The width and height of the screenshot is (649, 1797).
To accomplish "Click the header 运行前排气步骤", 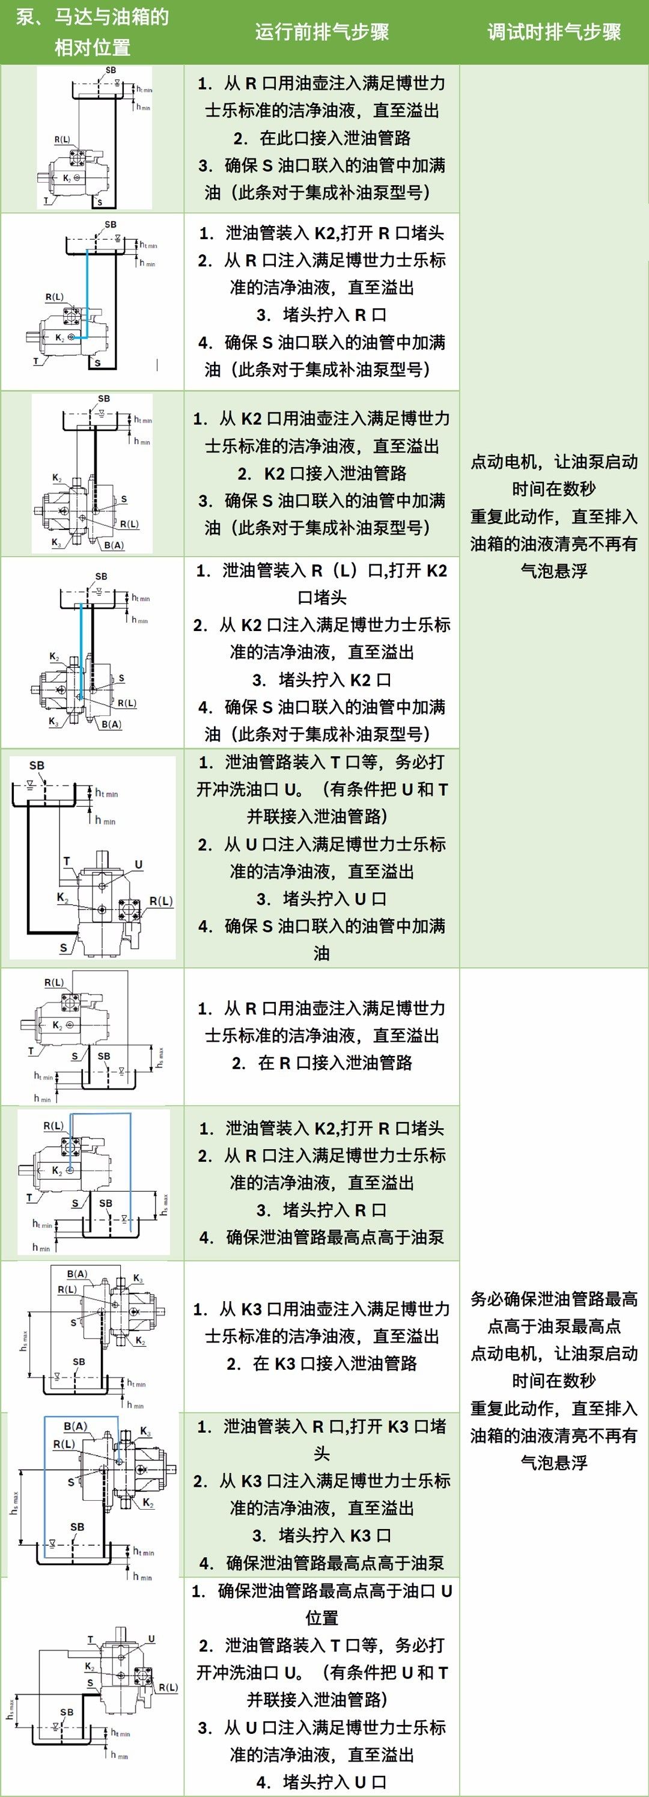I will tap(321, 32).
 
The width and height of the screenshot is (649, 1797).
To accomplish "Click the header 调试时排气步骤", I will tap(554, 32).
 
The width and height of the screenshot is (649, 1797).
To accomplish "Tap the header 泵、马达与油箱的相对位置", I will tap(92, 32).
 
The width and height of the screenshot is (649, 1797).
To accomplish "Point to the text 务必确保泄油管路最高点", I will tap(554, 1299).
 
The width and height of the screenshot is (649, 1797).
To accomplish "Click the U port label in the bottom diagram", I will tap(151, 1640).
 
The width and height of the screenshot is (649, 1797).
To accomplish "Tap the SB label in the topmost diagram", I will tap(112, 70).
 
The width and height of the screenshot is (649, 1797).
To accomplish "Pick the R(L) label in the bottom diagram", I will tap(168, 1688).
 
